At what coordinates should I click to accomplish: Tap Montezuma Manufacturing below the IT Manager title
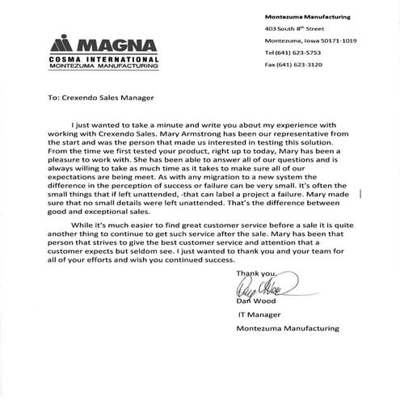[x=288, y=328]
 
